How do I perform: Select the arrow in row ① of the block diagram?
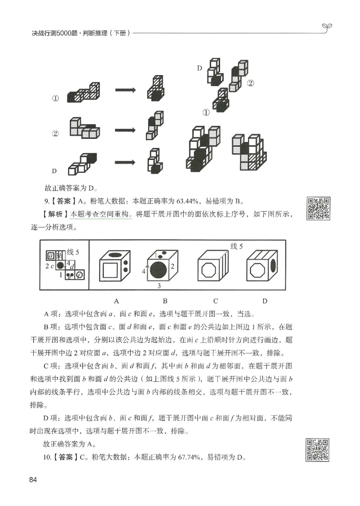coord(125,90)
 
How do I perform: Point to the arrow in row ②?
coord(125,130)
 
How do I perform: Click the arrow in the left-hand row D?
coord(125,163)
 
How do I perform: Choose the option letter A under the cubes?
coord(116,301)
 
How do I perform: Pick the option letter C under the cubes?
coord(216,301)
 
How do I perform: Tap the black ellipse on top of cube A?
coord(115,255)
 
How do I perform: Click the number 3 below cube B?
coord(159,286)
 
